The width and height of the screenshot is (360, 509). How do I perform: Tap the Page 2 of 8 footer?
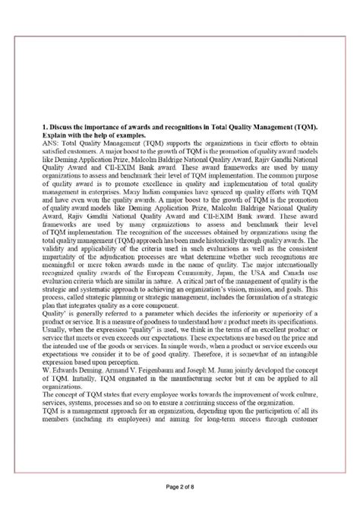[x=180, y=488]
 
